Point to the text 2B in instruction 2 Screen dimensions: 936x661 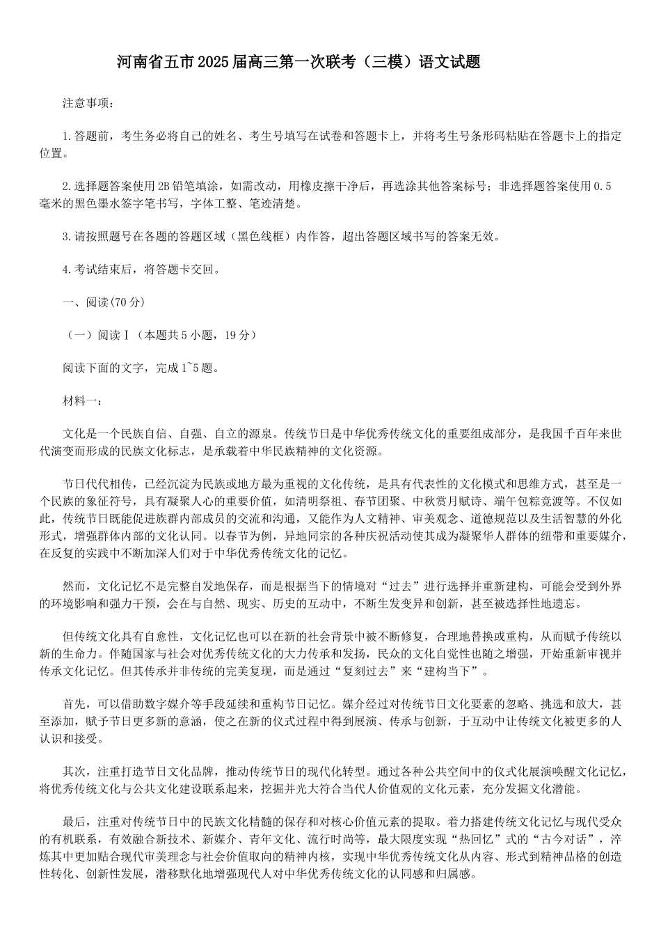click(x=164, y=186)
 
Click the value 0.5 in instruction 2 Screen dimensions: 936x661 click(x=603, y=186)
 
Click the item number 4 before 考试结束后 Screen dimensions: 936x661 click(x=65, y=270)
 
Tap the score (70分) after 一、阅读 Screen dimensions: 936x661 click(x=127, y=302)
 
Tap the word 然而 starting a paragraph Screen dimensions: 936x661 click(x=74, y=586)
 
